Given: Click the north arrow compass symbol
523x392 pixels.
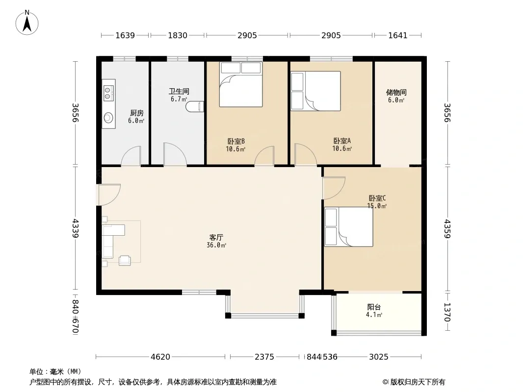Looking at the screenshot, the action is [x=27, y=23].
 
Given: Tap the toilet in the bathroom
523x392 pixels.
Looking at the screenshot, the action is [x=195, y=106].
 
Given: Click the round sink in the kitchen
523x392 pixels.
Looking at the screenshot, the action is [x=108, y=118].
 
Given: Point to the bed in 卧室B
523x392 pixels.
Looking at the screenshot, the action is [x=241, y=85].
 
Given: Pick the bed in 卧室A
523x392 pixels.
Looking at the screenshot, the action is [x=315, y=91].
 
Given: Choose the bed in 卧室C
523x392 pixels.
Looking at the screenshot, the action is [x=349, y=227].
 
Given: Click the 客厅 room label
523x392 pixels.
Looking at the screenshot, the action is [x=216, y=238].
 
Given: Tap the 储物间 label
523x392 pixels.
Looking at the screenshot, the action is [x=396, y=92].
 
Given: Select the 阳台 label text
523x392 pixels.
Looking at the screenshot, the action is [x=374, y=307].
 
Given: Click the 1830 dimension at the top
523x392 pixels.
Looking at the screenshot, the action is [x=178, y=35].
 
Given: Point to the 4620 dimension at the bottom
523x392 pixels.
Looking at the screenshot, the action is [x=160, y=357].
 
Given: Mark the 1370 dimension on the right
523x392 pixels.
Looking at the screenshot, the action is [x=447, y=312].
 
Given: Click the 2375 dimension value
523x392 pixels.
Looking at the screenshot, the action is [x=264, y=357].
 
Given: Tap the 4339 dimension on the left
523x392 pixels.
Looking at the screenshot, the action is [x=76, y=228].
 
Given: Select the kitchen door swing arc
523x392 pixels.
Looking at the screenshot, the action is [x=131, y=156].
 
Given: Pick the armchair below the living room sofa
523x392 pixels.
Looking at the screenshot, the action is [x=125, y=260].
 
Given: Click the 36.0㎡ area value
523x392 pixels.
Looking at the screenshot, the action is [x=216, y=245].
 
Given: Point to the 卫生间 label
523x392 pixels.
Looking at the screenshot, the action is [x=179, y=91].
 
